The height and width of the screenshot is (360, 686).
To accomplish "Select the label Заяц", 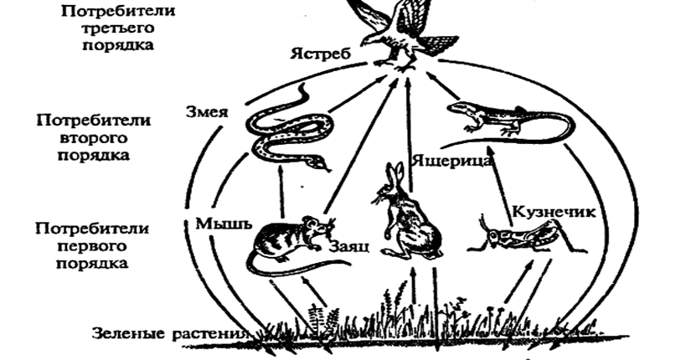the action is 344,247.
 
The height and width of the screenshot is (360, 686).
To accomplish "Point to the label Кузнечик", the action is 554,212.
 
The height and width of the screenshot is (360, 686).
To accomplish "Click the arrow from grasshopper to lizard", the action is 504,180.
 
